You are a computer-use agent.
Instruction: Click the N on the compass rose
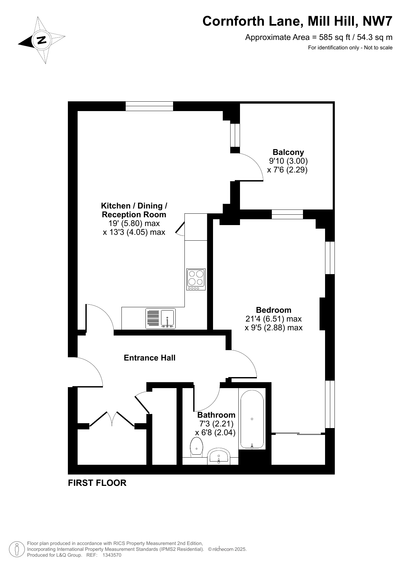(42, 40)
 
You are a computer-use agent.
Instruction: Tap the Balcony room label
(288, 152)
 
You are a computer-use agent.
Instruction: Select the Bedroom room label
(274, 310)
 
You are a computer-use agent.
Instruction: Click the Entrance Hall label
(150, 358)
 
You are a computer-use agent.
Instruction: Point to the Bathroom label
(216, 415)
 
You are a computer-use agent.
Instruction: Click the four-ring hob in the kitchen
(196, 279)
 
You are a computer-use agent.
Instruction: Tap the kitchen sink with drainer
(161, 318)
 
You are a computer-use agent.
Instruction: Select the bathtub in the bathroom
(252, 419)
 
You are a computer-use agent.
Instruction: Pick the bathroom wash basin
(219, 456)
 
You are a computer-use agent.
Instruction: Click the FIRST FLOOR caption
(97, 483)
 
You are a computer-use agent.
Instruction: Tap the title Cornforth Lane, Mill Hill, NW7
(297, 21)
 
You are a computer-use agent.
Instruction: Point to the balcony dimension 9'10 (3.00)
(288, 161)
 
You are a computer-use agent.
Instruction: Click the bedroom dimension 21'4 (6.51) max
(274, 319)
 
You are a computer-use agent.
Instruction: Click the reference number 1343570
(112, 555)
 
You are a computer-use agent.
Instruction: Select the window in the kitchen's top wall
(149, 106)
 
